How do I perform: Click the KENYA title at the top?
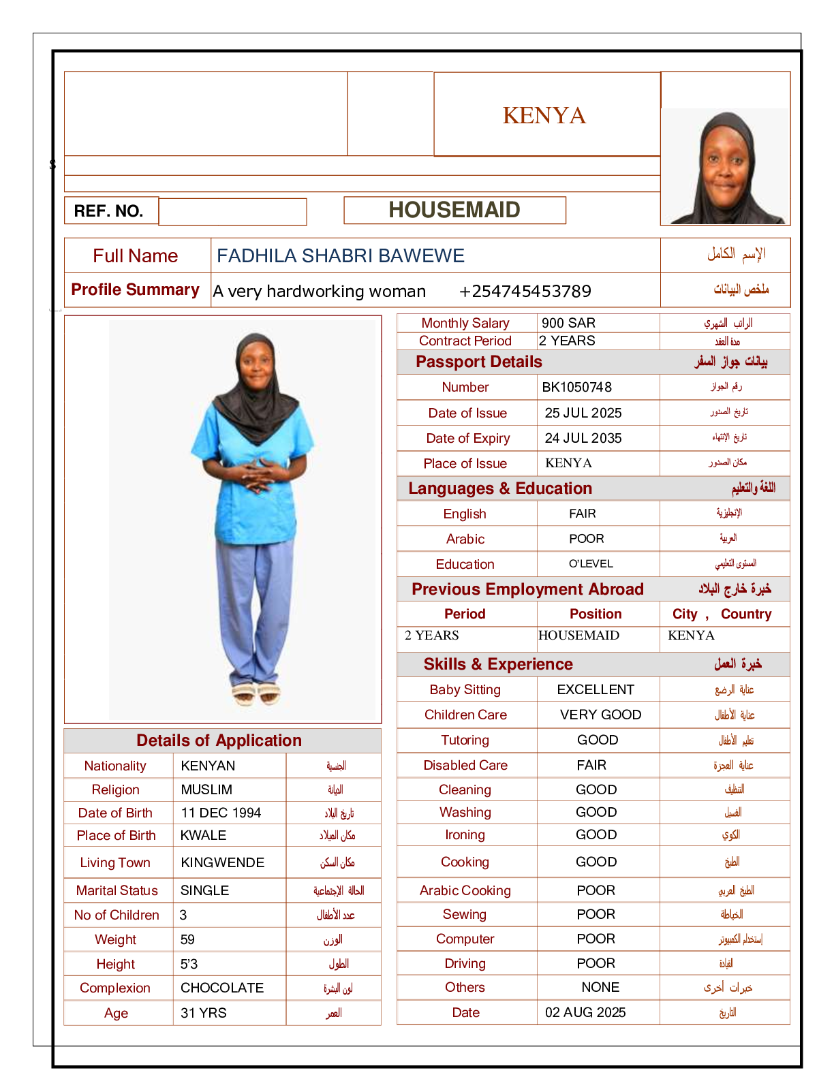pos(544,116)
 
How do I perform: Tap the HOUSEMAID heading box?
pos(454,210)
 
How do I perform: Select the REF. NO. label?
pos(109,211)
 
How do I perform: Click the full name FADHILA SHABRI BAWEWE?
pos(341,256)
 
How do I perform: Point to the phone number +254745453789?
pos(525,292)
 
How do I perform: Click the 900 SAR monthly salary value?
pos(568,323)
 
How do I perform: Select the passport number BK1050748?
pos(576,388)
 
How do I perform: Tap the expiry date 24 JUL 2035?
pos(583,439)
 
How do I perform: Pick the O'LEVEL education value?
pos(591,564)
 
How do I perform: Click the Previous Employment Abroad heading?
pos(527,589)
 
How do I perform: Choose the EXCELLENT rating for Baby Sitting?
pos(596,690)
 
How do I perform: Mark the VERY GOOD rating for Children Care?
pos(600,715)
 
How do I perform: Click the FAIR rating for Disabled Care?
pos(591,766)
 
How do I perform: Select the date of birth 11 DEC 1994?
pos(221,813)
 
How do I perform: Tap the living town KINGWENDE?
pos(222,863)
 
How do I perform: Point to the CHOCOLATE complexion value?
pos(222,988)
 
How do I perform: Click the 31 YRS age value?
pos(204,1014)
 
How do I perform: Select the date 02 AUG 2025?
pos(585,1013)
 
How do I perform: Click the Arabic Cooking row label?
pos(465,891)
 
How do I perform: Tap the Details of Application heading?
pos(219,741)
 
